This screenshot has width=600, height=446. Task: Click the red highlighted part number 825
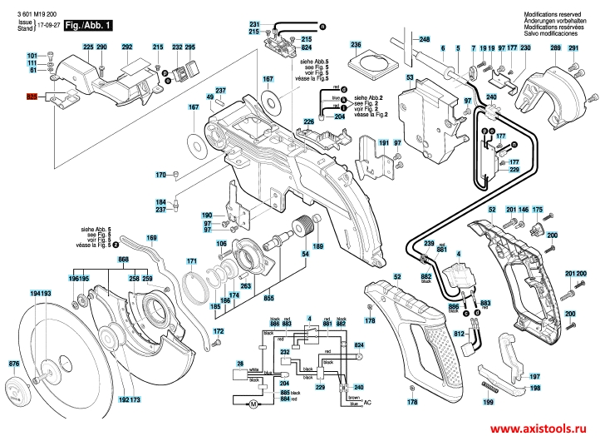pos(33,97)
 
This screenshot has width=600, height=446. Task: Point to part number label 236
pos(356,43)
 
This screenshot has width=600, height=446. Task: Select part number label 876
pos(13,364)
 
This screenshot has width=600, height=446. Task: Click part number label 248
pos(425,40)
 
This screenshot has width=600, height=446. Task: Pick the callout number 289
pos(555,49)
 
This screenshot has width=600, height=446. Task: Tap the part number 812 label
pos(458,334)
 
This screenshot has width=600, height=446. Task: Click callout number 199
pos(489,402)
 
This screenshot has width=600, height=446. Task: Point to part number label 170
pos(161,175)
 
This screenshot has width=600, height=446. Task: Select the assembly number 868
pos(124,260)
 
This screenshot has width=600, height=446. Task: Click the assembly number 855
pos(269,296)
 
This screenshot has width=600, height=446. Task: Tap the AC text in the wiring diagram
pos(369,403)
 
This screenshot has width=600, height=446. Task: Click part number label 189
pos(317,246)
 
